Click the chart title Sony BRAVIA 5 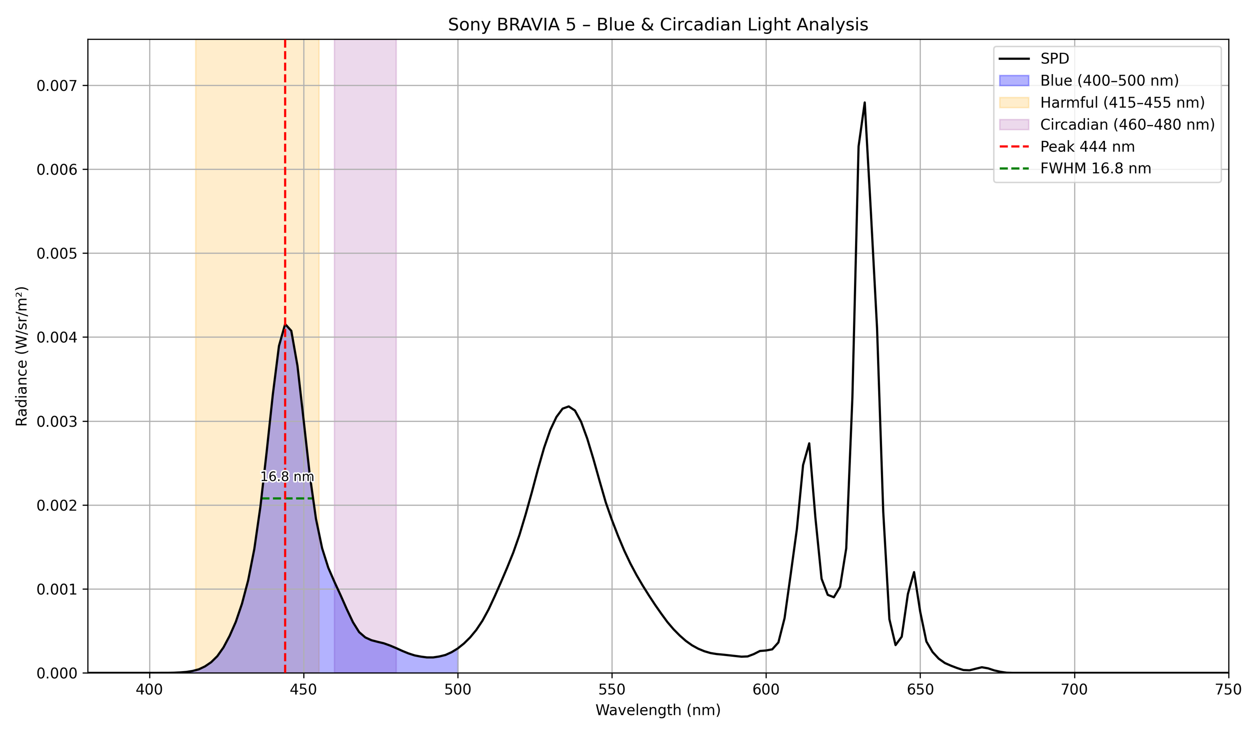658,25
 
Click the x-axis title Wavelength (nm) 658,710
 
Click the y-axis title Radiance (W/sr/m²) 22,356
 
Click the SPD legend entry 1054,59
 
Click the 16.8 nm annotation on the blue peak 287,477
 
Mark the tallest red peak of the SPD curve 864,103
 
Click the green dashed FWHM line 287,498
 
